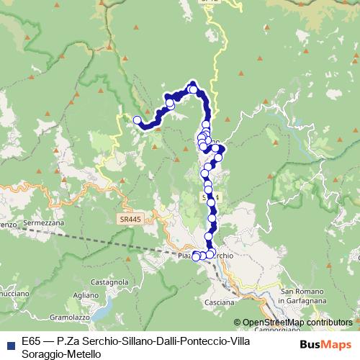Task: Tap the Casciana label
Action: [220, 301]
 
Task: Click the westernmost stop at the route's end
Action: [138, 120]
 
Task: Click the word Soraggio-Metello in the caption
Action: [57, 354]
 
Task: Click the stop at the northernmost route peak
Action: [193, 89]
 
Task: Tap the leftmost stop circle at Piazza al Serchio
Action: [195, 256]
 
